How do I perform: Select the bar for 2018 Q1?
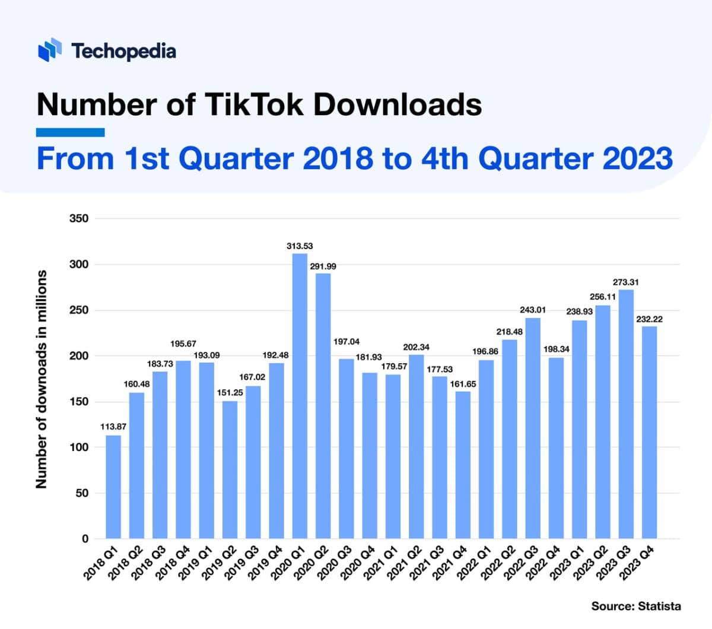coord(113,487)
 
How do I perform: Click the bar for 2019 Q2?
coord(230,469)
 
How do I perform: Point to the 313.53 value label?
coord(300,246)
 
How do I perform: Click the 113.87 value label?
coord(113,427)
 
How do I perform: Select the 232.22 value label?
coord(649,319)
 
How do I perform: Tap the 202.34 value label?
coord(416,347)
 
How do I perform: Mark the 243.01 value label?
coord(532,310)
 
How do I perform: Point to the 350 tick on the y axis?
coord(78,218)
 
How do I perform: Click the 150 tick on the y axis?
coord(78,402)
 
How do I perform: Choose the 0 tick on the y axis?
coord(84,539)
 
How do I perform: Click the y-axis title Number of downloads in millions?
coord(41,379)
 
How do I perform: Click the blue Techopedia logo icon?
coord(50,50)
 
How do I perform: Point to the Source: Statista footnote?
coord(635,606)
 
